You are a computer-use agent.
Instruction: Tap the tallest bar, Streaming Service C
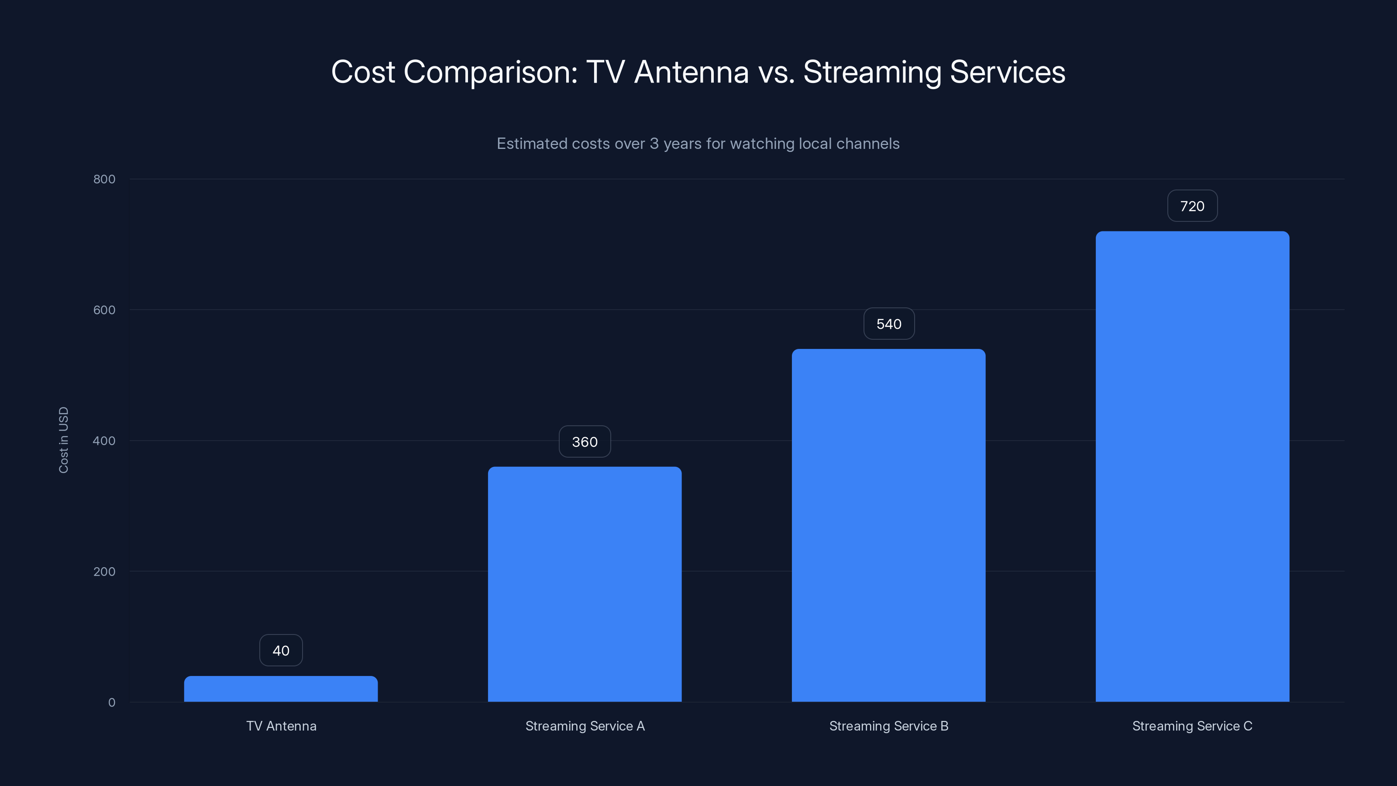(1192, 466)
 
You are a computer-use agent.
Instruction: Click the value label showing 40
(281, 650)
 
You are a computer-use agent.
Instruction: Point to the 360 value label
(585, 441)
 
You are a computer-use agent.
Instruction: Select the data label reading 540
(889, 324)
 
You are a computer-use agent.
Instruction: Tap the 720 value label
(1192, 206)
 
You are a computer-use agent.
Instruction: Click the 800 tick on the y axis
(104, 179)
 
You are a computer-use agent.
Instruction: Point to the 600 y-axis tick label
(104, 310)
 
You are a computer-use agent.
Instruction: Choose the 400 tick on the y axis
(104, 441)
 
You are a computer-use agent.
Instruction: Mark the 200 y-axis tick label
(104, 571)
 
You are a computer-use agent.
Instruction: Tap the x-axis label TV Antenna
(281, 726)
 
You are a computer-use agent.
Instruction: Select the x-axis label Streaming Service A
(585, 726)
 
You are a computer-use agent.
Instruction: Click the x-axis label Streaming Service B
(888, 726)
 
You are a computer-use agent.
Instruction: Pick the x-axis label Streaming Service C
(1192, 726)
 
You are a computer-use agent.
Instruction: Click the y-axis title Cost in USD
(63, 440)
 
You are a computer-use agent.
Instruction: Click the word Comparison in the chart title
(490, 72)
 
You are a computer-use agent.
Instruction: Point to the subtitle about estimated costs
(698, 144)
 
